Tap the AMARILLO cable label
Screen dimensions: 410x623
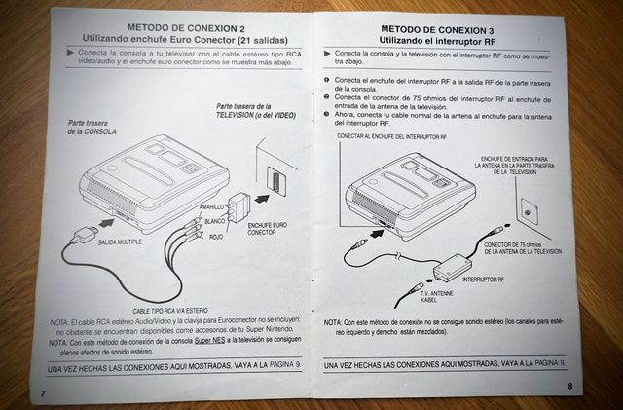click(211, 208)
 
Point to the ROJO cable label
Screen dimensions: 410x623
click(216, 236)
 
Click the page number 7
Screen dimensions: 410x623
click(42, 391)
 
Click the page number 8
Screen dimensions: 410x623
click(568, 387)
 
